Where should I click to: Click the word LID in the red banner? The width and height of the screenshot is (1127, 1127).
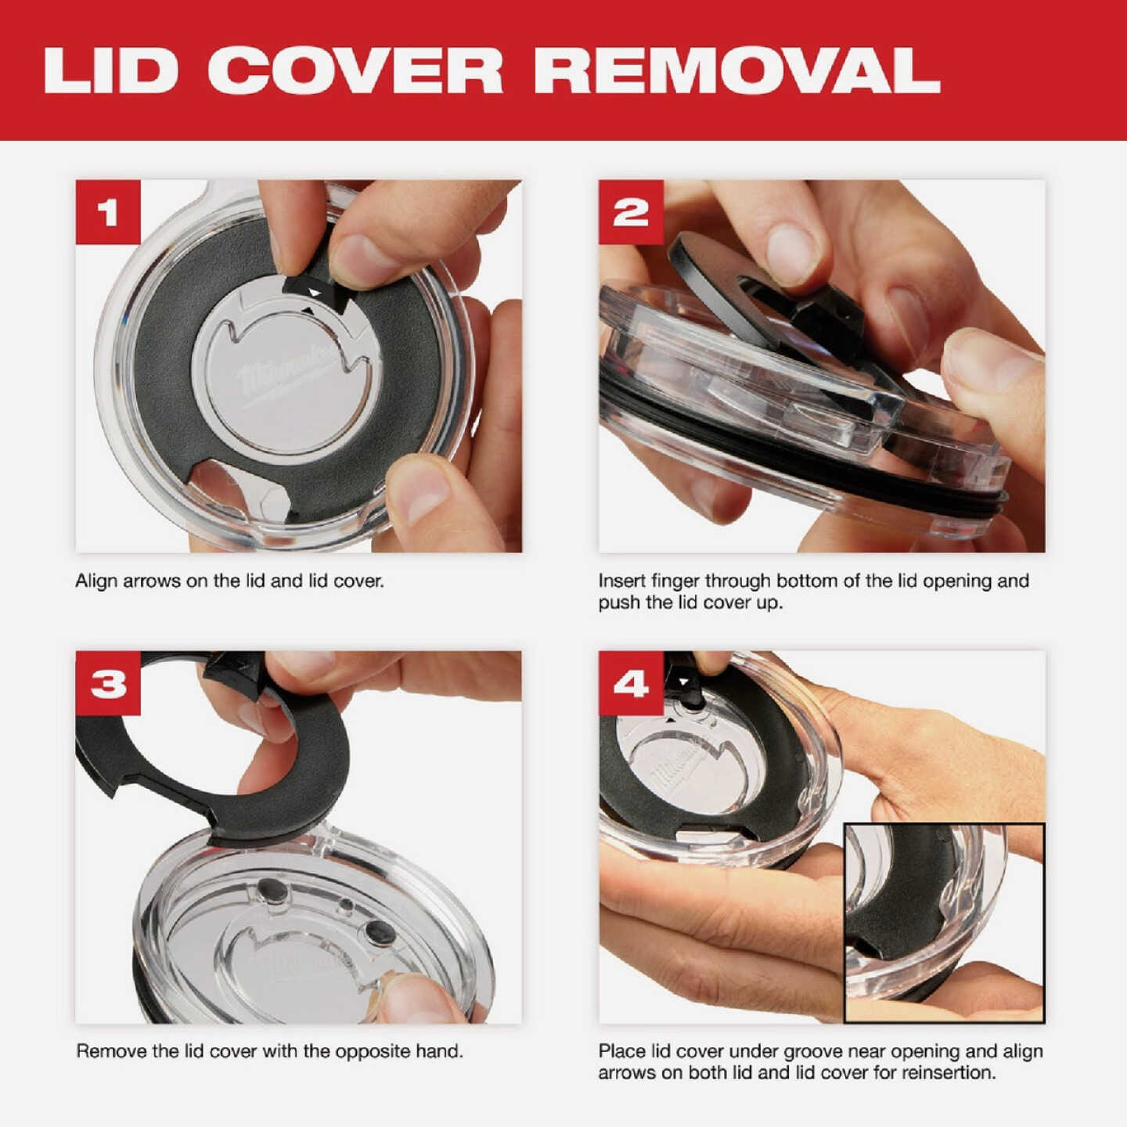click(x=110, y=70)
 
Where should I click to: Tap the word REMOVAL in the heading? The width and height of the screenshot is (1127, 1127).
click(x=737, y=70)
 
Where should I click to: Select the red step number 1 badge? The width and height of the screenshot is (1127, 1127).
click(x=108, y=212)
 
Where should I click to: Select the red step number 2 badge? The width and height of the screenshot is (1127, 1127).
click(x=631, y=212)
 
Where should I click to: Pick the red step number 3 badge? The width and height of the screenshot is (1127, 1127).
click(x=108, y=682)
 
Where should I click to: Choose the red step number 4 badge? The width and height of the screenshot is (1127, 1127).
click(x=631, y=682)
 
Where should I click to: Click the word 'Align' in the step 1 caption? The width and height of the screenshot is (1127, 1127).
click(x=96, y=582)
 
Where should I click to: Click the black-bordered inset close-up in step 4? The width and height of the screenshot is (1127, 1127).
click(x=944, y=923)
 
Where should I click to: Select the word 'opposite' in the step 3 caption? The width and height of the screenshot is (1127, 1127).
click(x=374, y=1052)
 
